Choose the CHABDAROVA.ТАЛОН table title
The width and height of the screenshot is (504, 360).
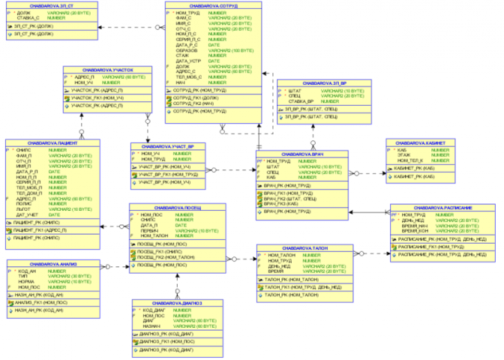pos(304,248)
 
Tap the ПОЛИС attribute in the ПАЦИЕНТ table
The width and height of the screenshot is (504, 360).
pos(25,202)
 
